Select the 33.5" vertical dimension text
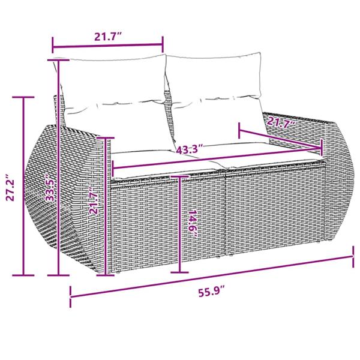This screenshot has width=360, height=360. click(x=52, y=188)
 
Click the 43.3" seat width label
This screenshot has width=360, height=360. click(x=190, y=148)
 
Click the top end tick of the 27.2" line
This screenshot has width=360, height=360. click(x=24, y=97)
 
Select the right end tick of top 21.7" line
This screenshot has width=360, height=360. click(x=163, y=44)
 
